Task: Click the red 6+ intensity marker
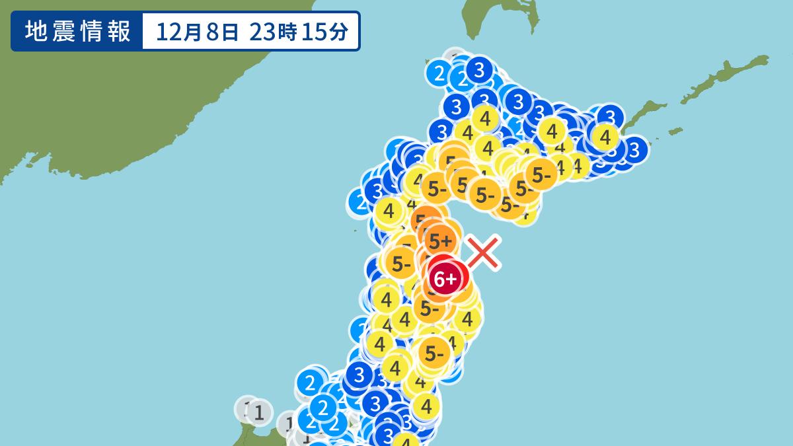(447, 278)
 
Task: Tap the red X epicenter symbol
(483, 253)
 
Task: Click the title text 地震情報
(77, 31)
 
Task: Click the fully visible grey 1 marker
(260, 414)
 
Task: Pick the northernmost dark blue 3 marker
(478, 69)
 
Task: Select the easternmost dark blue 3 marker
(634, 149)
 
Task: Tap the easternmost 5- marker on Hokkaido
(542, 175)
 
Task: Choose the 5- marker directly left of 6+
(401, 263)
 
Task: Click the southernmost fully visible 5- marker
(434, 355)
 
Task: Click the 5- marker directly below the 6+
(430, 308)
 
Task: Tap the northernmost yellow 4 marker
(486, 120)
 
